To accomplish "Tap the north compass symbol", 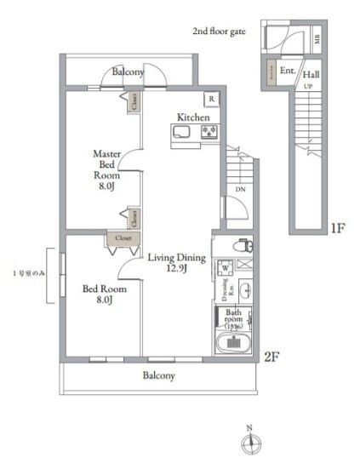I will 249,441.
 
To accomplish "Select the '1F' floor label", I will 337,227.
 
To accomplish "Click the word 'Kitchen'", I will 193,117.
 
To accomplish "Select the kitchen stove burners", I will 209,132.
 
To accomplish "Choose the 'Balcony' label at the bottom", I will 158,375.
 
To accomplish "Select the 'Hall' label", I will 311,74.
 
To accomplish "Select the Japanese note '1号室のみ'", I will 28,272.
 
